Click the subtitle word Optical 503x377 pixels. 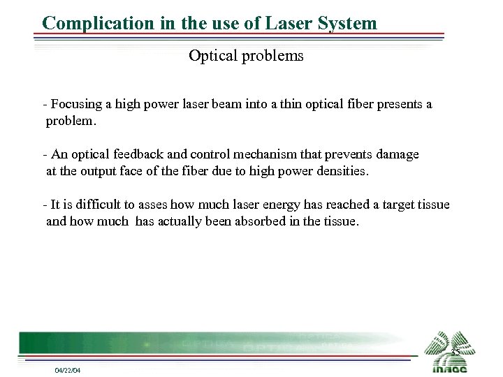[x=212, y=57]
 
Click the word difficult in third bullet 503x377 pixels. [x=97, y=205]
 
